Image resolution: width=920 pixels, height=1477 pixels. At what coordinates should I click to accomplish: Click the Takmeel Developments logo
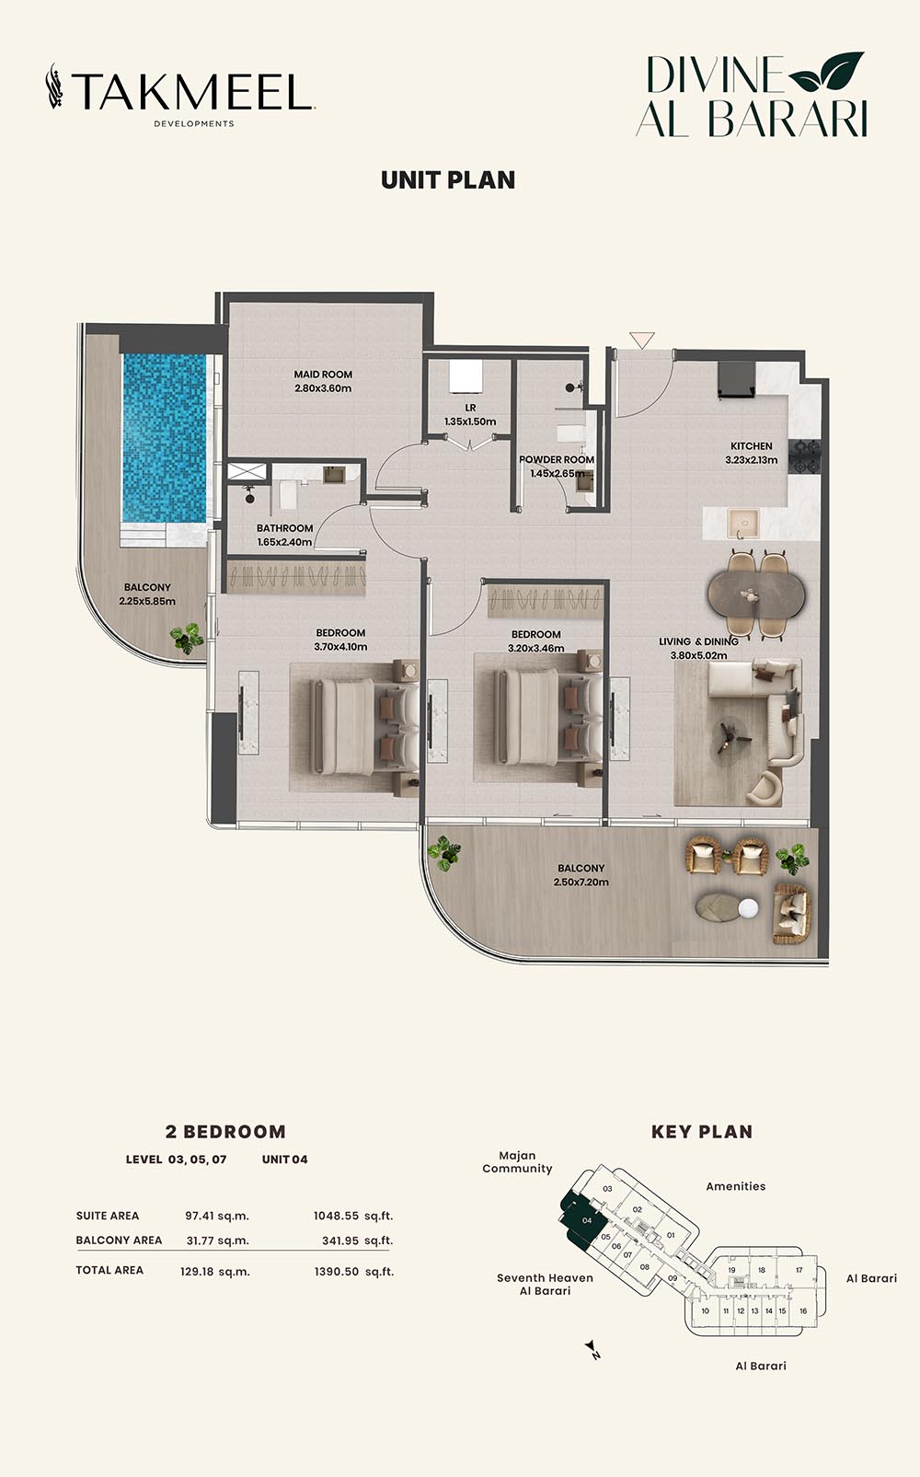[x=180, y=95]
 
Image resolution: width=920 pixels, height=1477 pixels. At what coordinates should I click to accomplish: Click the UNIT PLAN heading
[x=448, y=180]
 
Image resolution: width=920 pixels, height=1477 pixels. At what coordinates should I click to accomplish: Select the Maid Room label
[x=323, y=375]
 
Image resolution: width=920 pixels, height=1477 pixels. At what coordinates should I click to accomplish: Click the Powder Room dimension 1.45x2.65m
[x=557, y=473]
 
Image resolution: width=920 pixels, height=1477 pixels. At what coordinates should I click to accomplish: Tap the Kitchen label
[x=752, y=446]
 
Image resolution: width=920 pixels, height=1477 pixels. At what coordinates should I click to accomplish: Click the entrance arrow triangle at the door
[x=641, y=340]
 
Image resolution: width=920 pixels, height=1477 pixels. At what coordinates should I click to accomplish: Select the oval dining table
[x=756, y=594]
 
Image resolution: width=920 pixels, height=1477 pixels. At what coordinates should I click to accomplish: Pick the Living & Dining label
[x=698, y=641]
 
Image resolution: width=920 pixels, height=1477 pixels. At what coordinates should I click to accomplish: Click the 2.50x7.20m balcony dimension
[x=581, y=883]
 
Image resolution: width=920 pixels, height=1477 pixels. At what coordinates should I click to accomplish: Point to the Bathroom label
[x=284, y=528]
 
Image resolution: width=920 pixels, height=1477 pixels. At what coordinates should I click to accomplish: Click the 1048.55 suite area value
[x=337, y=1216]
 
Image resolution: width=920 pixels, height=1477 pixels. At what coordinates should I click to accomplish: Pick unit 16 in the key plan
[x=803, y=1310]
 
